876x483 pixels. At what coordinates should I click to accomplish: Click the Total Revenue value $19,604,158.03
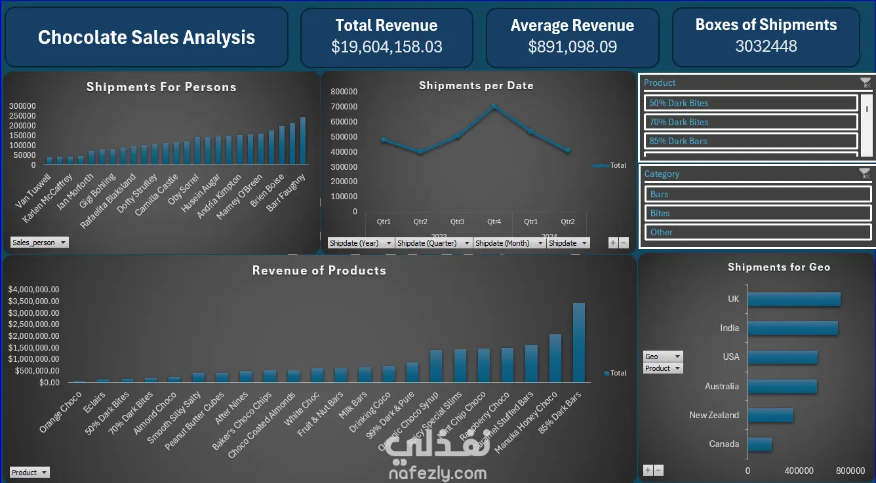click(386, 47)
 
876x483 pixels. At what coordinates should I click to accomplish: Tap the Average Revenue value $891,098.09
click(572, 47)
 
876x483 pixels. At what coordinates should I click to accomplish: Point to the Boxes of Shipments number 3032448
click(766, 47)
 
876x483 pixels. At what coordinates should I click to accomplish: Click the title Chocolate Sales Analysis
click(146, 37)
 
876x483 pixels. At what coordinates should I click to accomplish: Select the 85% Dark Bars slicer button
click(751, 141)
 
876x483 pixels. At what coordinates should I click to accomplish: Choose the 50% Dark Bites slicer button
click(751, 103)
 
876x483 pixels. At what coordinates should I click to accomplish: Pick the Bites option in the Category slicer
click(757, 213)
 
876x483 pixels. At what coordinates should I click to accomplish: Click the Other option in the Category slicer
click(757, 232)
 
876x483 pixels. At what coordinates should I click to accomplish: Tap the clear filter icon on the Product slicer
click(866, 83)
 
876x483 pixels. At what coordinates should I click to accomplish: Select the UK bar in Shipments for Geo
click(794, 299)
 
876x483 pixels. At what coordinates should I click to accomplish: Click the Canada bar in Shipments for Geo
click(760, 444)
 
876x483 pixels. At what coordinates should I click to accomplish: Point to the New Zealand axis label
click(714, 415)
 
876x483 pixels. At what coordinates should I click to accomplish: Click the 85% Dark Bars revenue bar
click(579, 342)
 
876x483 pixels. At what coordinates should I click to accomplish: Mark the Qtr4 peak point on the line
click(494, 107)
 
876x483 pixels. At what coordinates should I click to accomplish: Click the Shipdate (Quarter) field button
click(433, 243)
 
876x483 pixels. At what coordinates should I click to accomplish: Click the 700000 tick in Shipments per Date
click(344, 106)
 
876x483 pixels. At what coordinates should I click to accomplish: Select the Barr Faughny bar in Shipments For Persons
click(303, 141)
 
